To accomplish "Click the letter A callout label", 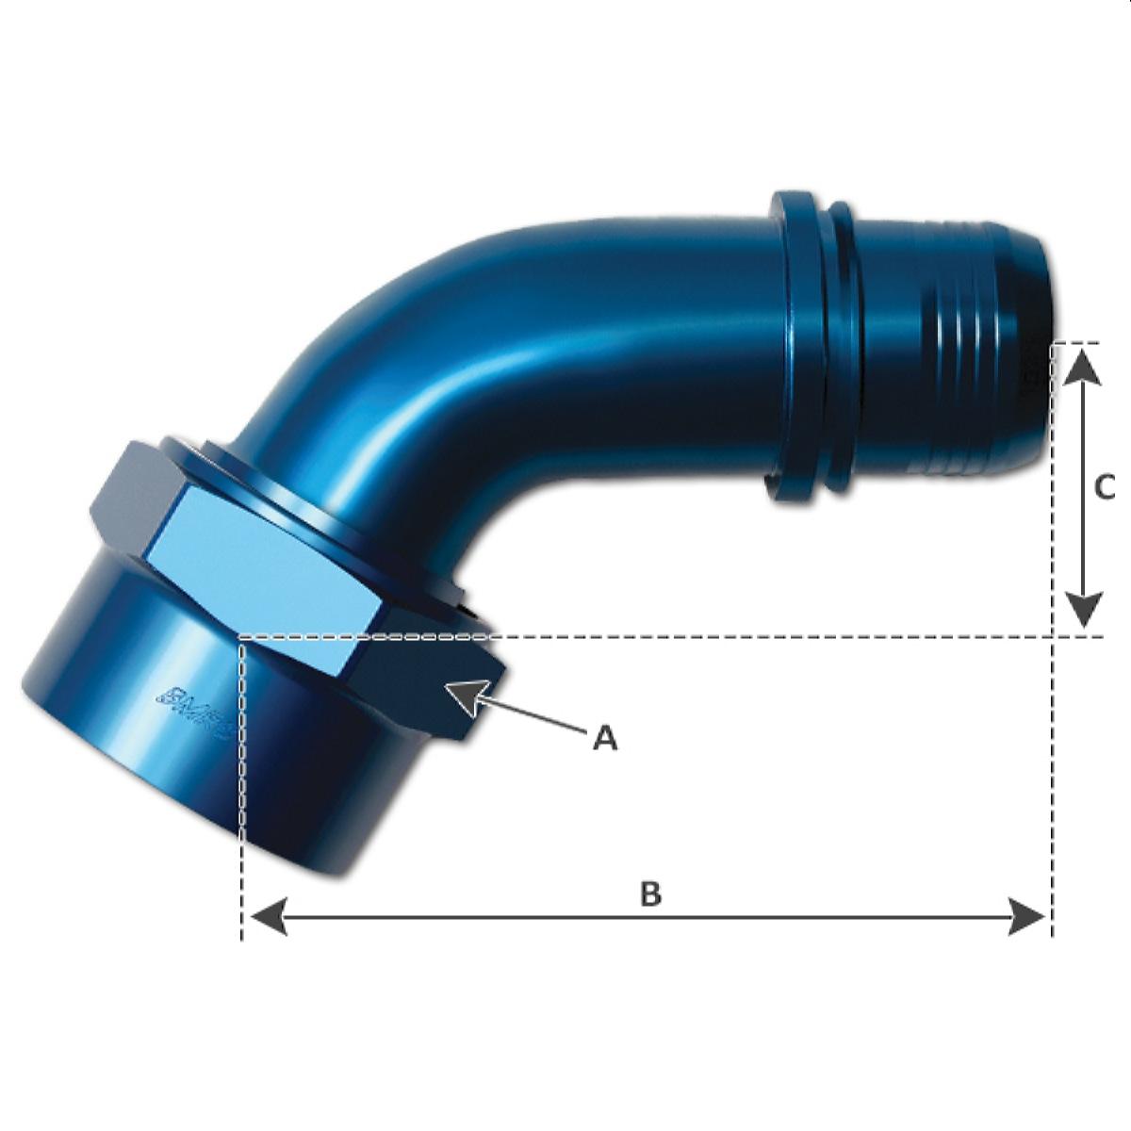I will click(x=605, y=738).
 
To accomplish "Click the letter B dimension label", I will click(x=650, y=893).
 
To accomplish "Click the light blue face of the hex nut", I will click(x=264, y=575).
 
